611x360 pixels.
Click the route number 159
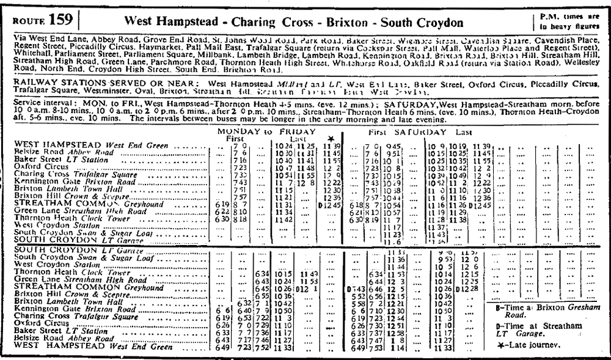(62, 21)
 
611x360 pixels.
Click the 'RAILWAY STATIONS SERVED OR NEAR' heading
(107, 81)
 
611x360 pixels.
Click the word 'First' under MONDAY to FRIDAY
(227, 139)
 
